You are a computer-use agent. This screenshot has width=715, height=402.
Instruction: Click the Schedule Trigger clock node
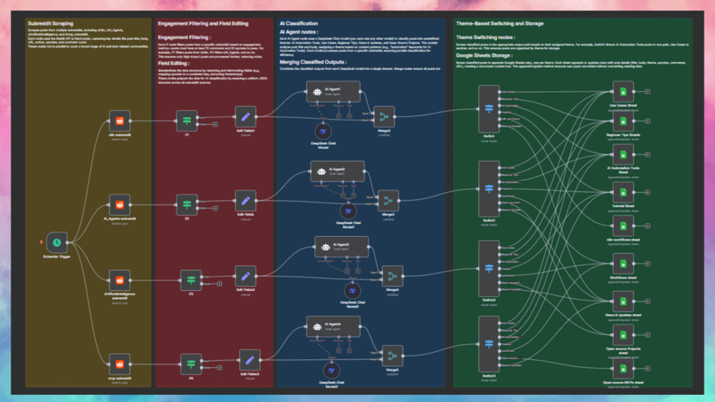(56, 242)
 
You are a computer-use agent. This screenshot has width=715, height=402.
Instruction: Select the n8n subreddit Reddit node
(120, 120)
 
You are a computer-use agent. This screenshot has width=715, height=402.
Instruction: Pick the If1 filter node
(187, 120)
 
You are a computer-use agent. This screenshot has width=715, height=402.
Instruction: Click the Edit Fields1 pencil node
(245, 117)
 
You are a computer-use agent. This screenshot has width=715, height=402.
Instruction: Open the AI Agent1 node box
(333, 92)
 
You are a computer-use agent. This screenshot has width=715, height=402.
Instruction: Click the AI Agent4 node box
(333, 327)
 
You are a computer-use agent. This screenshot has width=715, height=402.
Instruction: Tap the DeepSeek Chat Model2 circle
(353, 290)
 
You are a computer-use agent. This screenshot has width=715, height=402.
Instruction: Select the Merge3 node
(388, 201)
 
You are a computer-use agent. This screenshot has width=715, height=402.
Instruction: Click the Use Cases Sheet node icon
(623, 92)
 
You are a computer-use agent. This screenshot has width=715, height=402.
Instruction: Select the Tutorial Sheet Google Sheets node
(623, 191)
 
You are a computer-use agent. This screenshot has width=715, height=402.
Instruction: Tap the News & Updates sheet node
(623, 300)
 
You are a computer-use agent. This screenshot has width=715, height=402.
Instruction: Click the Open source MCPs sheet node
(623, 369)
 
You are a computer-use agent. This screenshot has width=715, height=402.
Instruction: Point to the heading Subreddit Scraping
(50, 23)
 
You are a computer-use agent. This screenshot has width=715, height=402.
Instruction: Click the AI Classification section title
(299, 23)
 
